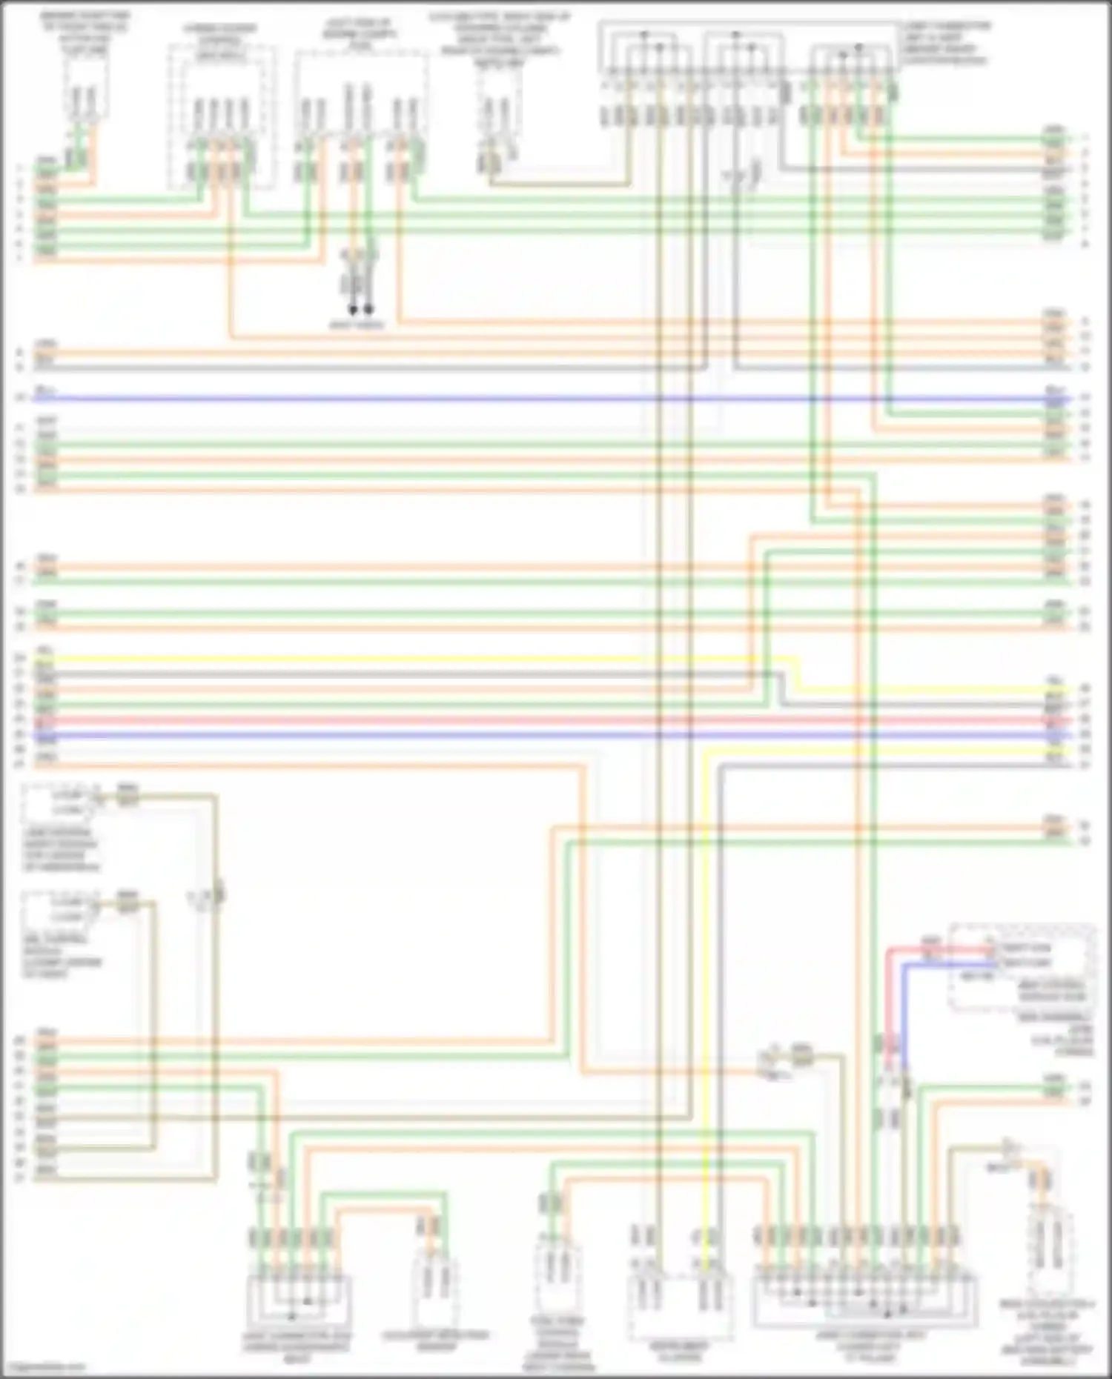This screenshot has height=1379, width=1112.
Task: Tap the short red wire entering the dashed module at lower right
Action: [x=941, y=948]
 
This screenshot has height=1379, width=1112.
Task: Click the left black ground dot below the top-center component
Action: [x=354, y=309]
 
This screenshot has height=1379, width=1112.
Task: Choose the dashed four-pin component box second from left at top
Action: [x=220, y=115]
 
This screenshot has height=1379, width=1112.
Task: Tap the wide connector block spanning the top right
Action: [x=749, y=48]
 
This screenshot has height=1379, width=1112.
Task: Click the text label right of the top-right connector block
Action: [x=945, y=43]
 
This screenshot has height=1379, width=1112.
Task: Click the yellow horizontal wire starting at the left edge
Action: [x=371, y=659]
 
